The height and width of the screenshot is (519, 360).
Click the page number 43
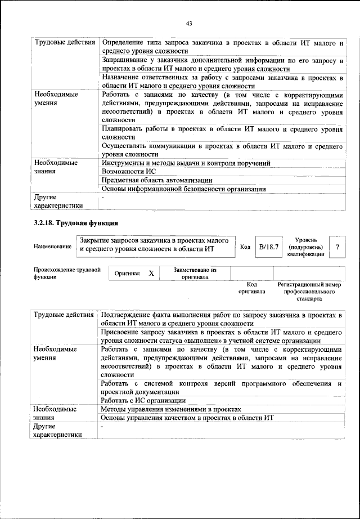coord(189,23)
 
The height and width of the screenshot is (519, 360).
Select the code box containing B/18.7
coord(268,247)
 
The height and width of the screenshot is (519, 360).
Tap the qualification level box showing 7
coord(337,247)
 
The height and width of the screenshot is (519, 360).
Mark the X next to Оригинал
coord(151,273)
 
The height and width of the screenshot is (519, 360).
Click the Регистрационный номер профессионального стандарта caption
coord(309,292)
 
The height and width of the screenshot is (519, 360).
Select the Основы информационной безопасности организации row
coord(183,189)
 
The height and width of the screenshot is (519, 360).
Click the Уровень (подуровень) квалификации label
coord(305,247)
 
